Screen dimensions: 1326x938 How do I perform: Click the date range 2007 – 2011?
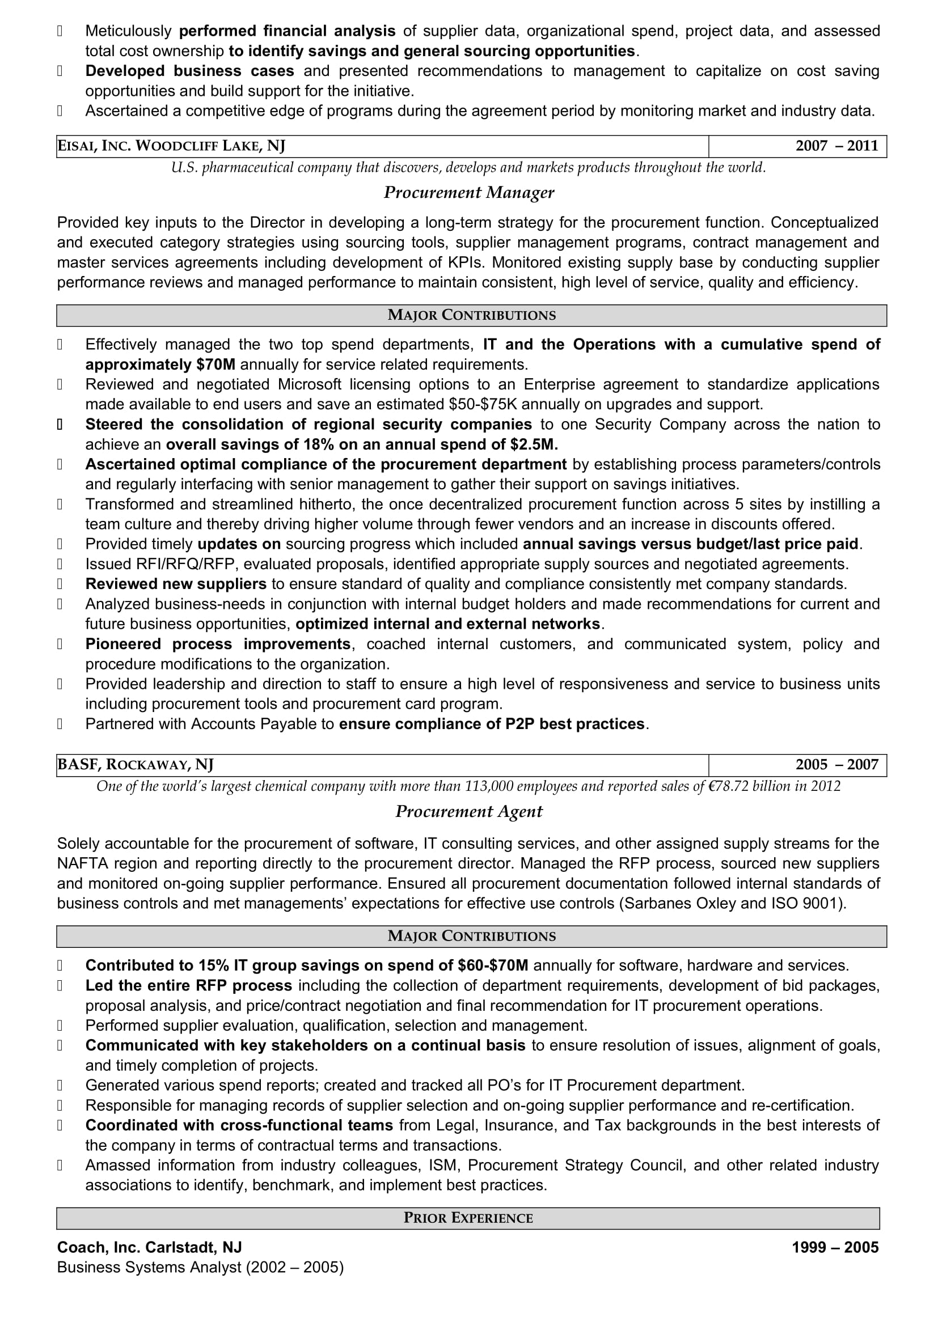[836, 146]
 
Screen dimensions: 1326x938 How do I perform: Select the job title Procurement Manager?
[468, 192]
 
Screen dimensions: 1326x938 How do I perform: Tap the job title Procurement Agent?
[468, 811]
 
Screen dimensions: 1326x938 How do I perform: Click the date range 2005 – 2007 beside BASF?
[836, 765]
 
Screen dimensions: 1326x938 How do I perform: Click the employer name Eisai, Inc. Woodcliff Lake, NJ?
[171, 146]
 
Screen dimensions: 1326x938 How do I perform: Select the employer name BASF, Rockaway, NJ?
[135, 765]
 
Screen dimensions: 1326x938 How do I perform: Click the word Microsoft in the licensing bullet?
[310, 384]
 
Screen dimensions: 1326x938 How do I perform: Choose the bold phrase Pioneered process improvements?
[218, 644]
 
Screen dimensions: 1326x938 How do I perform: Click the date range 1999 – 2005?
[835, 1247]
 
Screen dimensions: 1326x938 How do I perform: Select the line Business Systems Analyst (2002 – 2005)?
[200, 1267]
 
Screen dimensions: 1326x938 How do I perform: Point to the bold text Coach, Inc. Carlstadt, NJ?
[149, 1247]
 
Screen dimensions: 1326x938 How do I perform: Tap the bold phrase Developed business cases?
[189, 71]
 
